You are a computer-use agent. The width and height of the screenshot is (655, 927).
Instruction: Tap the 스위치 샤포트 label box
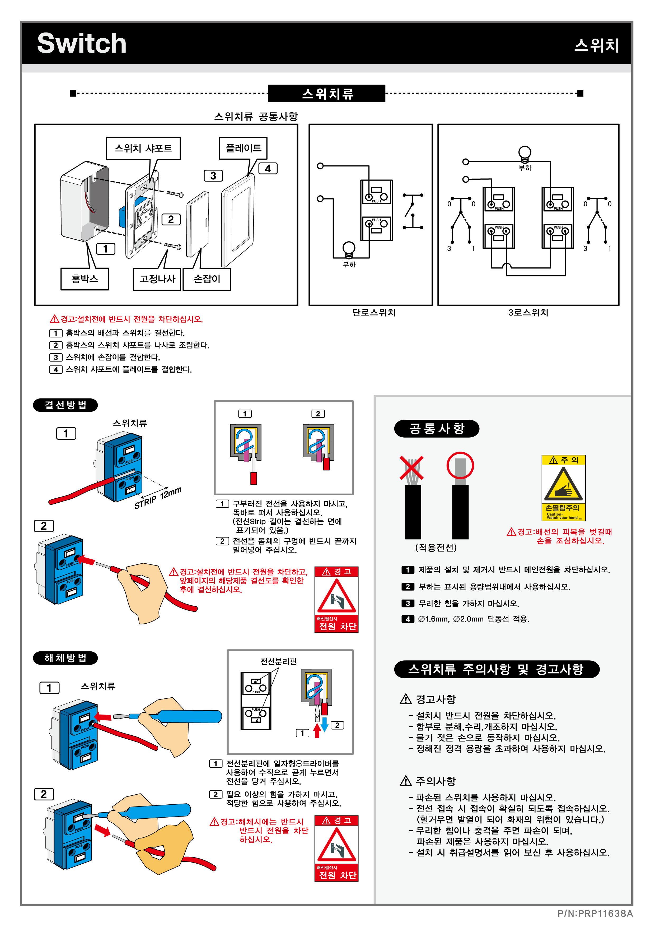coord(143,148)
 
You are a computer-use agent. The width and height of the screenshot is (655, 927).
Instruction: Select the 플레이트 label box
coord(243,148)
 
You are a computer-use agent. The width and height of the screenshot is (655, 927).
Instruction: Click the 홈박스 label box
coord(84,279)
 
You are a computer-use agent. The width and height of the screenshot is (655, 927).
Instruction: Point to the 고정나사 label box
coord(157,279)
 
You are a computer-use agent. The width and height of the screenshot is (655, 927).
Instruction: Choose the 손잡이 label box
coord(207,279)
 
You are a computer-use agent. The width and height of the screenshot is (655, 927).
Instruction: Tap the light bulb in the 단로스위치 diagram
coord(349,248)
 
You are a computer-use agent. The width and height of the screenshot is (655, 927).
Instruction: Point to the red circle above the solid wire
coord(460,466)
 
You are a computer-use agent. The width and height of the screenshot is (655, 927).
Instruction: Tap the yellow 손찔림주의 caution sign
coord(563,488)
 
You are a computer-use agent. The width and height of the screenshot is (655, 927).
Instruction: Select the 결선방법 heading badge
coord(65,405)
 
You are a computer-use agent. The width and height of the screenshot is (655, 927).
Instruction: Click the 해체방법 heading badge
coord(65,658)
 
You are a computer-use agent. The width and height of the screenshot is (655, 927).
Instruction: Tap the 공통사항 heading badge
coord(437,428)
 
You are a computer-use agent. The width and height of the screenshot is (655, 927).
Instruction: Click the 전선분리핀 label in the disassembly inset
coord(278,661)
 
